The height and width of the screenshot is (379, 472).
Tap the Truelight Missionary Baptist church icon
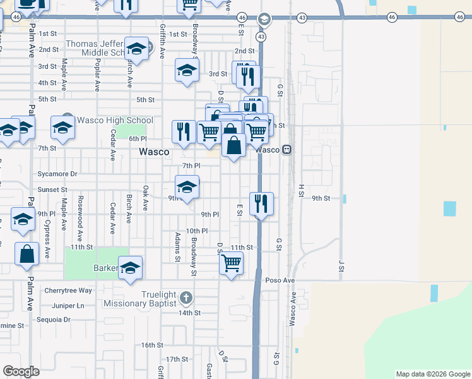click(186, 297)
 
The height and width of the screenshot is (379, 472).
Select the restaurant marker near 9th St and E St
click(261, 203)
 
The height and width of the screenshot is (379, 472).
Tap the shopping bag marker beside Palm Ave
click(28, 254)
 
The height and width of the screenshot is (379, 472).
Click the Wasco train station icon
click(286, 150)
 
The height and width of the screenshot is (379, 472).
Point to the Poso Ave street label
click(280, 280)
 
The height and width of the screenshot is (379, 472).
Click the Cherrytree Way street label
click(68, 291)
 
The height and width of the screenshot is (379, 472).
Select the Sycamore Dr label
click(58, 174)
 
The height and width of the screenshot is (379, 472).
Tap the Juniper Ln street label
click(71, 306)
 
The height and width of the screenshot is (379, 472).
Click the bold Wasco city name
click(154, 152)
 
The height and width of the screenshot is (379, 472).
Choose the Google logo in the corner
click(21, 371)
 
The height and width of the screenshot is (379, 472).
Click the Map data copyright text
click(433, 374)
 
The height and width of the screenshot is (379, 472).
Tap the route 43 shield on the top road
click(302, 18)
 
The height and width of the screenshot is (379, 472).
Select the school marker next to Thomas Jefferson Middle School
click(136, 48)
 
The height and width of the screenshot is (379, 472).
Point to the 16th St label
click(152, 345)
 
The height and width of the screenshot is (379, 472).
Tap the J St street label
click(340, 265)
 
